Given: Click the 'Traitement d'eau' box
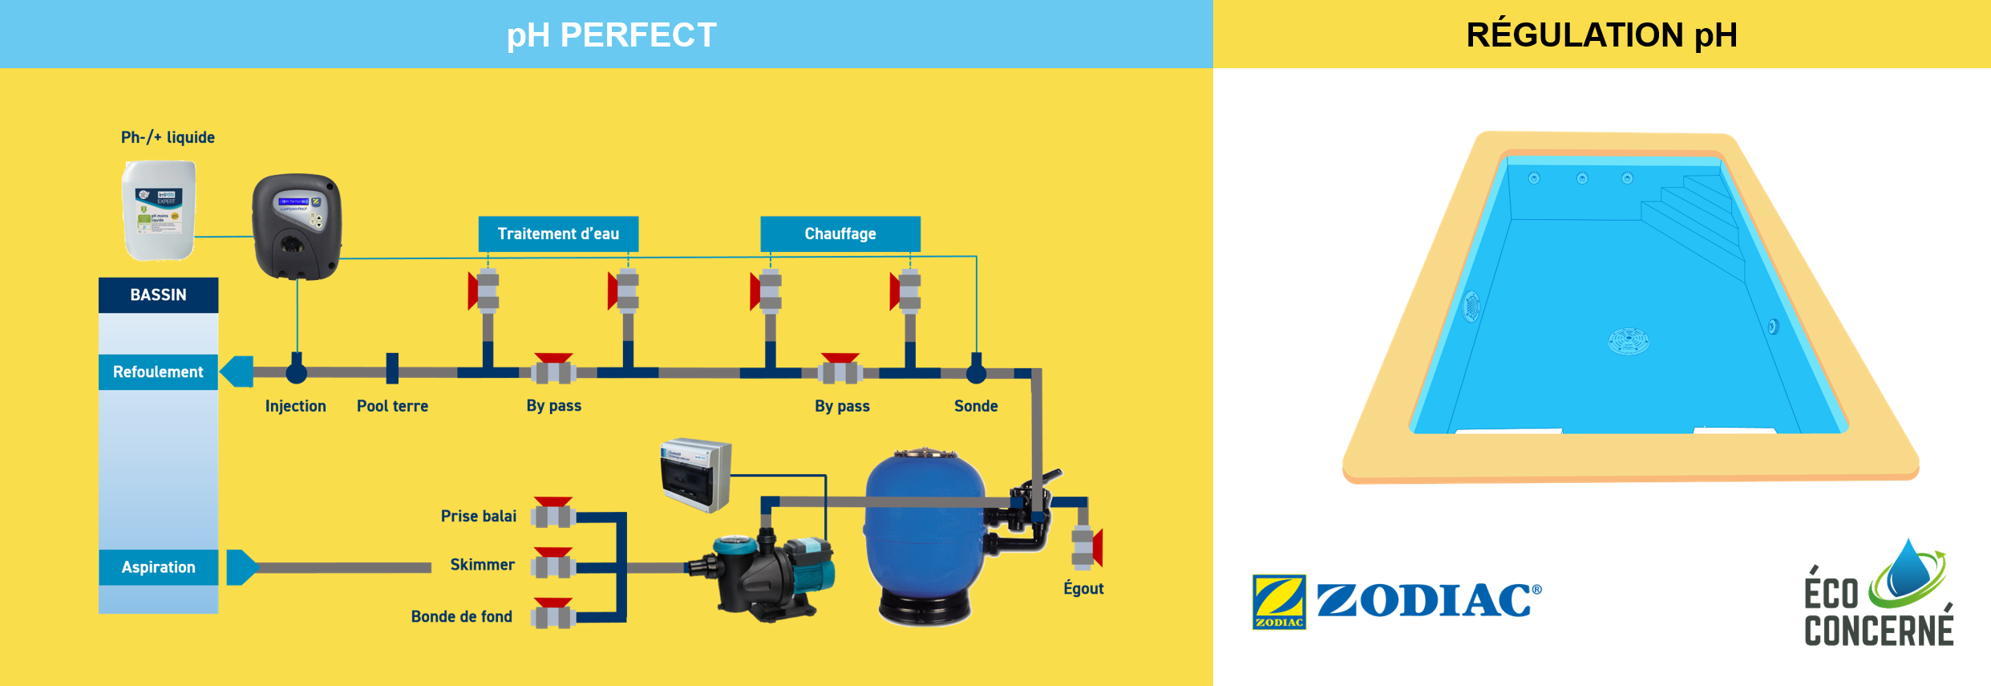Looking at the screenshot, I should [558, 233].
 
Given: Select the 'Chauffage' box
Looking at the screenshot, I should [840, 233].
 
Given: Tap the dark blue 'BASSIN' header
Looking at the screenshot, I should [158, 294].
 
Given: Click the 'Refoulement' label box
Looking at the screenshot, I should [158, 371].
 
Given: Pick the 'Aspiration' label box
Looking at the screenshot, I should [158, 566].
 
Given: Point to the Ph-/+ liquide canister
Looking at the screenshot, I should [159, 210].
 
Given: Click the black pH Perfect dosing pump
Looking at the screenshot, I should [297, 226].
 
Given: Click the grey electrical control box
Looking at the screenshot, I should [695, 475].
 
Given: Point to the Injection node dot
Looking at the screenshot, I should [297, 372].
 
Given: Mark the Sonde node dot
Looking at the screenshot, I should [976, 372].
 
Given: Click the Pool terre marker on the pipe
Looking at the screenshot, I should [392, 369].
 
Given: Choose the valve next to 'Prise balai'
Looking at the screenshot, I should [553, 513].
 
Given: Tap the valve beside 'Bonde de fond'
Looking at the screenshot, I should [553, 615].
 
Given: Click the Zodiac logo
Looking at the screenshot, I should [1396, 601].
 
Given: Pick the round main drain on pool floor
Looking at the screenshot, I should [1629, 341].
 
